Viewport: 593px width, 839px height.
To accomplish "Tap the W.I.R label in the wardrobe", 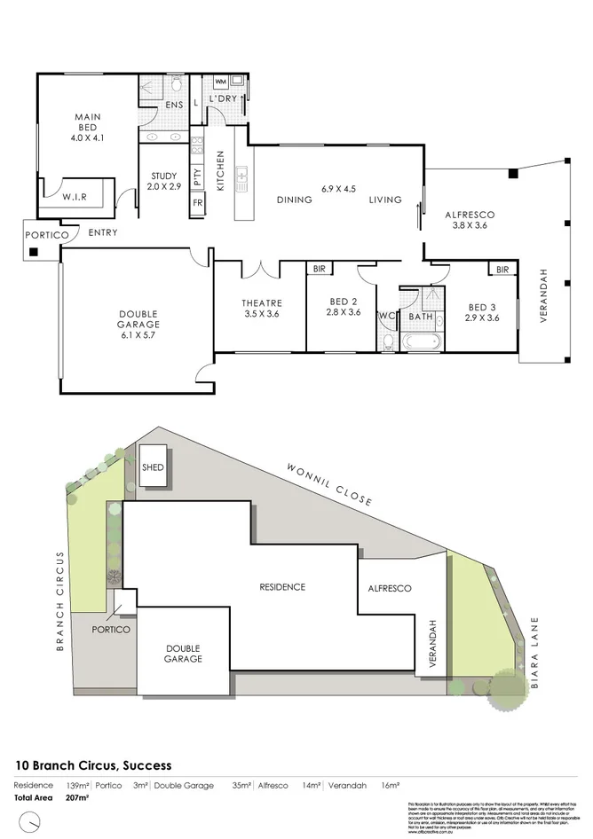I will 74,198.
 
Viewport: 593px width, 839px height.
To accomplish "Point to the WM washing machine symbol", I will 220,82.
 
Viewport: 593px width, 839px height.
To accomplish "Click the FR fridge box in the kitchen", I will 196,203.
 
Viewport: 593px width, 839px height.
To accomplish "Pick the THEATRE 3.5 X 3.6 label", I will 261,307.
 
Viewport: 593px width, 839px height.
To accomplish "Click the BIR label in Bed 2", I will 318,269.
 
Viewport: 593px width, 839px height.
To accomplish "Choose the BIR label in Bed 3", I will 502,269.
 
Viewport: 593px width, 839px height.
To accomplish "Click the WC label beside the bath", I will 386,316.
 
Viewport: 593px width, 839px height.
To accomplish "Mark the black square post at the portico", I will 34,253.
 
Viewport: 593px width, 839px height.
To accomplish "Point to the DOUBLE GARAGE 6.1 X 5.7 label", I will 138,320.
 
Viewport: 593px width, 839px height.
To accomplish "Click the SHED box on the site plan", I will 154,467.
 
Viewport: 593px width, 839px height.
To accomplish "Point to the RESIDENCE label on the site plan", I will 282,587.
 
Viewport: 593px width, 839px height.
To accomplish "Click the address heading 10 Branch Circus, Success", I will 94,765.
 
